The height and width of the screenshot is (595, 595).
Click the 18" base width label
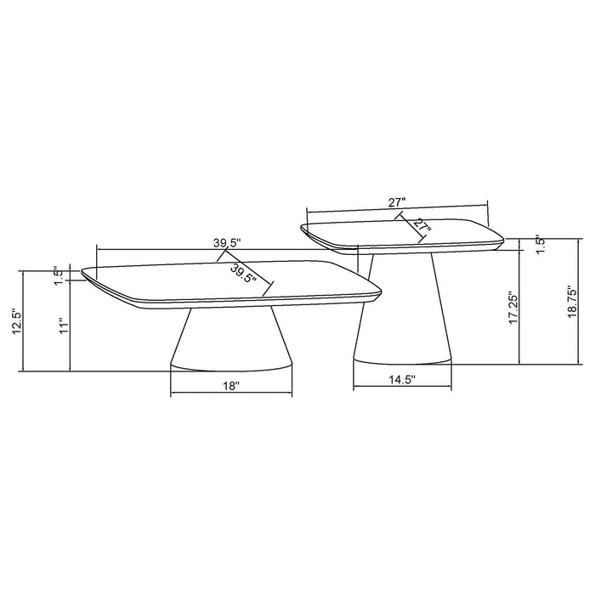click(231, 386)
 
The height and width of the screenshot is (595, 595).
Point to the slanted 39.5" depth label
click(243, 273)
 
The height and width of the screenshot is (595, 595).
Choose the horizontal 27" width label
click(396, 201)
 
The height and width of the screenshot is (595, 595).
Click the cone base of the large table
click(231, 340)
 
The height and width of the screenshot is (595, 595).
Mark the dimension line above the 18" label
click(231, 396)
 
